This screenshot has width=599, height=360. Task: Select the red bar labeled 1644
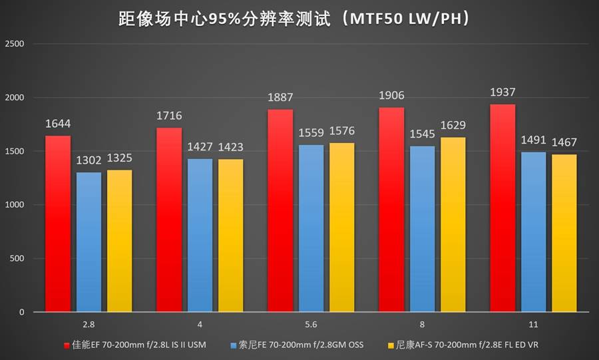click(58, 224)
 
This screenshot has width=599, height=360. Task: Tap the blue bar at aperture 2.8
click(89, 242)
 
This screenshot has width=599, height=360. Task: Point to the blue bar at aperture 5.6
click(311, 228)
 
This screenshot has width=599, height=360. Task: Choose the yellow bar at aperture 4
click(231, 236)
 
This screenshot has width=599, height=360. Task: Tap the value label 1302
click(89, 160)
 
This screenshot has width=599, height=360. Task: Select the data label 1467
click(564, 142)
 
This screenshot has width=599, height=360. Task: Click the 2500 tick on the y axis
click(14, 44)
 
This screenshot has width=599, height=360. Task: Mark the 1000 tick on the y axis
click(14, 205)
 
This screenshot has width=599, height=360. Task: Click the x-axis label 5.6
click(311, 324)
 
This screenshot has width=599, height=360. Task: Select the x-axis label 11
click(534, 324)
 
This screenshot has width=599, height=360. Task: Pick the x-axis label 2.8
click(89, 324)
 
